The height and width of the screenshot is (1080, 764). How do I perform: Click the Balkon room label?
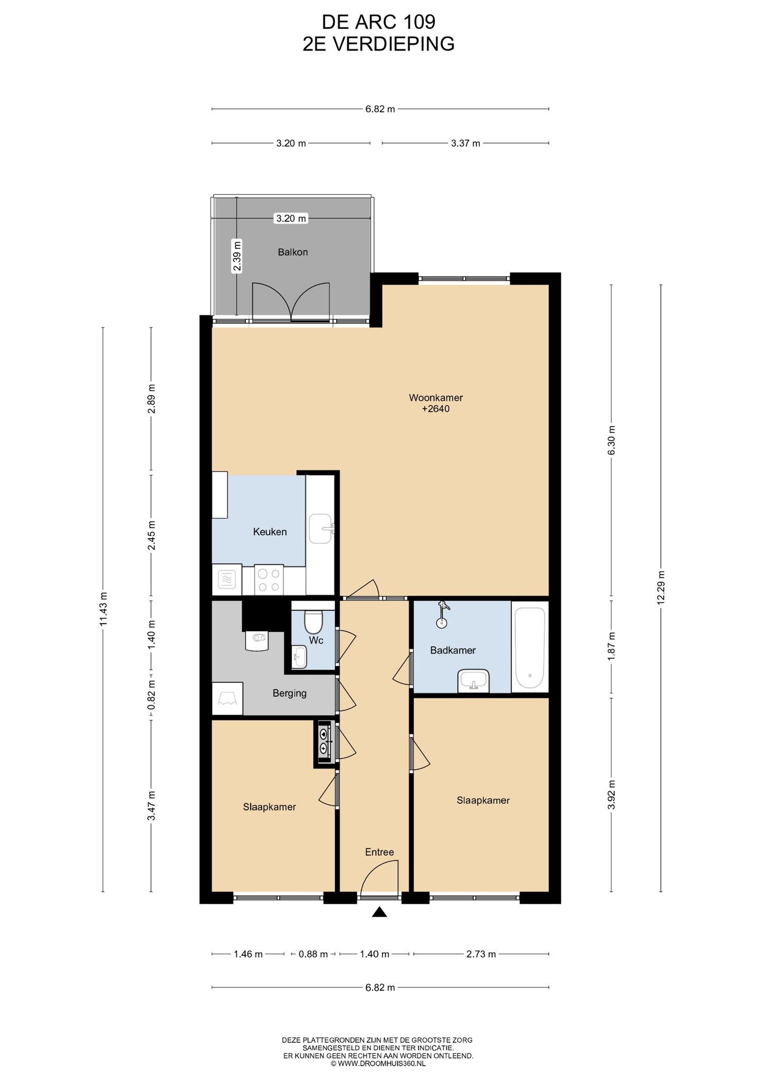click(x=293, y=252)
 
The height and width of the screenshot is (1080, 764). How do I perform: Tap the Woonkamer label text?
click(x=435, y=398)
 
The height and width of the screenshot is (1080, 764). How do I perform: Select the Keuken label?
click(x=270, y=532)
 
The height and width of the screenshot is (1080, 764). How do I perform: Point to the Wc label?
click(x=316, y=640)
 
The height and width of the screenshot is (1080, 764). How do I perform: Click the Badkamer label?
click(x=453, y=650)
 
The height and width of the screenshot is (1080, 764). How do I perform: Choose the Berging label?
click(x=289, y=693)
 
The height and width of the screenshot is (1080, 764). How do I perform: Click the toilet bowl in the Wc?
click(x=313, y=621)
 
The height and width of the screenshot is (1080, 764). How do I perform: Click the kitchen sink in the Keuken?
click(x=321, y=529)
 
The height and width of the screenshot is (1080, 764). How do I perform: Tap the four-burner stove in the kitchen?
click(x=269, y=580)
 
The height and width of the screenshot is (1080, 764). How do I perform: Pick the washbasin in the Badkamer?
click(x=473, y=681)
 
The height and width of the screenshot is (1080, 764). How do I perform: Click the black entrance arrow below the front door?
click(x=379, y=912)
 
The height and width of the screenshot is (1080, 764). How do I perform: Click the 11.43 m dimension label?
click(x=103, y=609)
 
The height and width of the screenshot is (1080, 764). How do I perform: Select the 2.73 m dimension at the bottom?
click(x=481, y=954)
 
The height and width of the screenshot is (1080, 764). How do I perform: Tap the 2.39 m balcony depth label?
click(x=237, y=256)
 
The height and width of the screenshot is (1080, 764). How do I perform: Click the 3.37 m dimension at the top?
click(x=465, y=143)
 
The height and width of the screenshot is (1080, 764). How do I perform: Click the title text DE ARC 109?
click(x=379, y=22)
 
